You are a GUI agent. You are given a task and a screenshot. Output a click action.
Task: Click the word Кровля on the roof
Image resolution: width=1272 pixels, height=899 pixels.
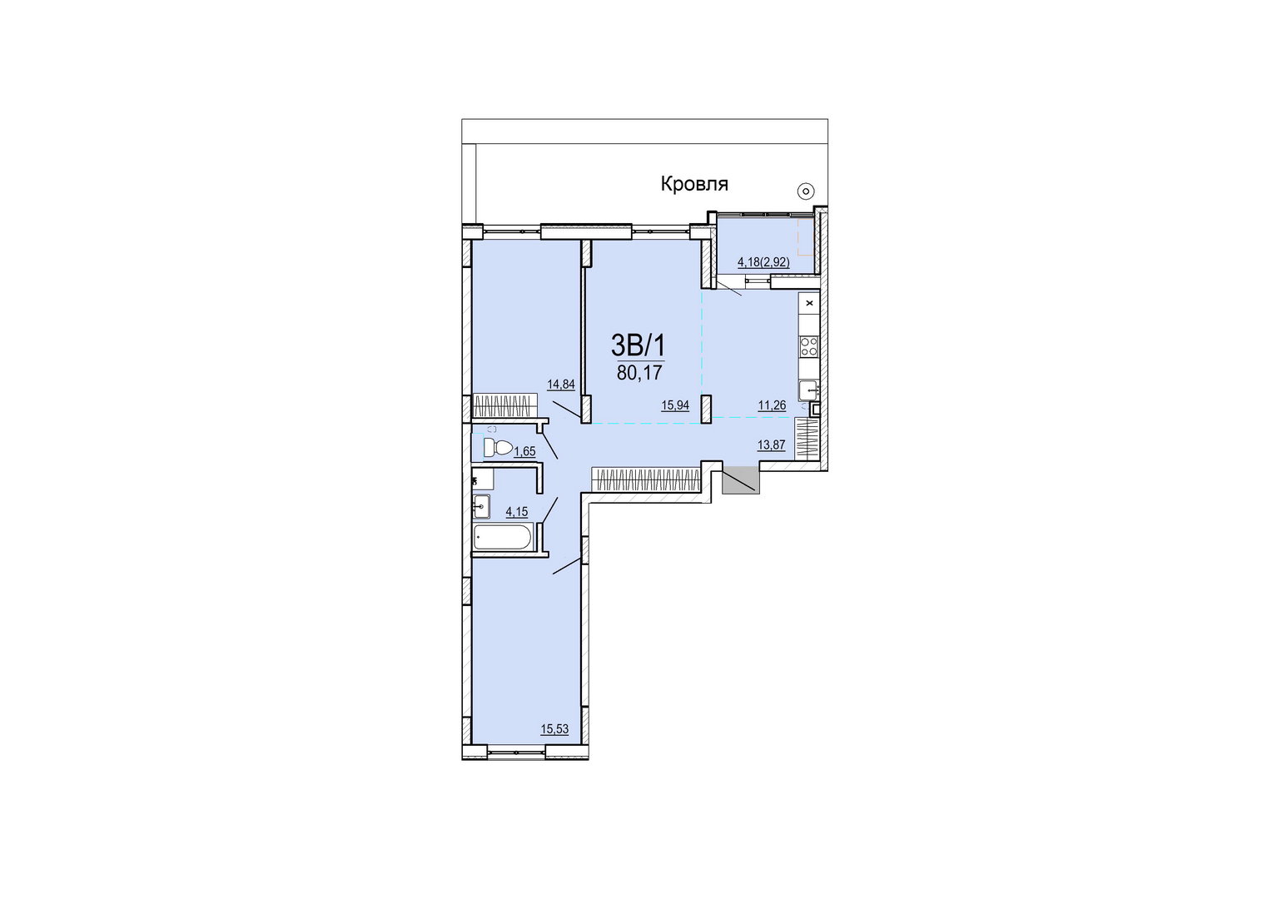click(694, 184)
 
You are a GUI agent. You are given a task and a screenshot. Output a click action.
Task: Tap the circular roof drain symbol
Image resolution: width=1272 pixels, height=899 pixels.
click(805, 191)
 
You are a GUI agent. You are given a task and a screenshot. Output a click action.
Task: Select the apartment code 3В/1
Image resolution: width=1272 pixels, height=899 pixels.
click(638, 345)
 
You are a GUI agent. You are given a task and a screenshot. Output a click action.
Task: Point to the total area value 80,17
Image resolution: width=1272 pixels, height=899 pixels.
click(639, 373)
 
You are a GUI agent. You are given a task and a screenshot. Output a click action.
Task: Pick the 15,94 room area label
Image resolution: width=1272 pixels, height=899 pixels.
click(675, 405)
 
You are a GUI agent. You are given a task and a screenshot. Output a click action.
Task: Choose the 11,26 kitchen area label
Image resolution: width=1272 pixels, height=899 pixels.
click(773, 405)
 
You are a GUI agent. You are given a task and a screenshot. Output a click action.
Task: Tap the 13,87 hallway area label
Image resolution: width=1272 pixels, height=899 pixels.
click(771, 445)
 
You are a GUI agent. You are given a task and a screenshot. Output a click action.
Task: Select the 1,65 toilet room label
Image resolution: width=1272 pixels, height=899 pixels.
click(127, 451)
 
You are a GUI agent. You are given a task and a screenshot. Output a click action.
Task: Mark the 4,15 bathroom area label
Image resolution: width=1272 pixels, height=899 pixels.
click(119, 512)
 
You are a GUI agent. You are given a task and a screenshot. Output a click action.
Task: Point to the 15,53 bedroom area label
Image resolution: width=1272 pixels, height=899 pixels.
click(554, 728)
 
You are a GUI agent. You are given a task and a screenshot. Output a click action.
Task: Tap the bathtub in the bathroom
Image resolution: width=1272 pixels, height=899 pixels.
click(503, 537)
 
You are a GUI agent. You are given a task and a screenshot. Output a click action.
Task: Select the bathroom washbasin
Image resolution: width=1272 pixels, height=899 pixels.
click(481, 506)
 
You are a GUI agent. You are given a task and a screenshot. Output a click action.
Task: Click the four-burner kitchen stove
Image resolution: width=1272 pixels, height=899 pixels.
click(808, 345)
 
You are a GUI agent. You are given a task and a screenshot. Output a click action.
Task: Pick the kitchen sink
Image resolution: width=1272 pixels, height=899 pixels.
click(808, 390)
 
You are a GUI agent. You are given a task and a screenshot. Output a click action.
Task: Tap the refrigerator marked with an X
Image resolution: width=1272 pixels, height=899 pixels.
click(808, 303)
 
